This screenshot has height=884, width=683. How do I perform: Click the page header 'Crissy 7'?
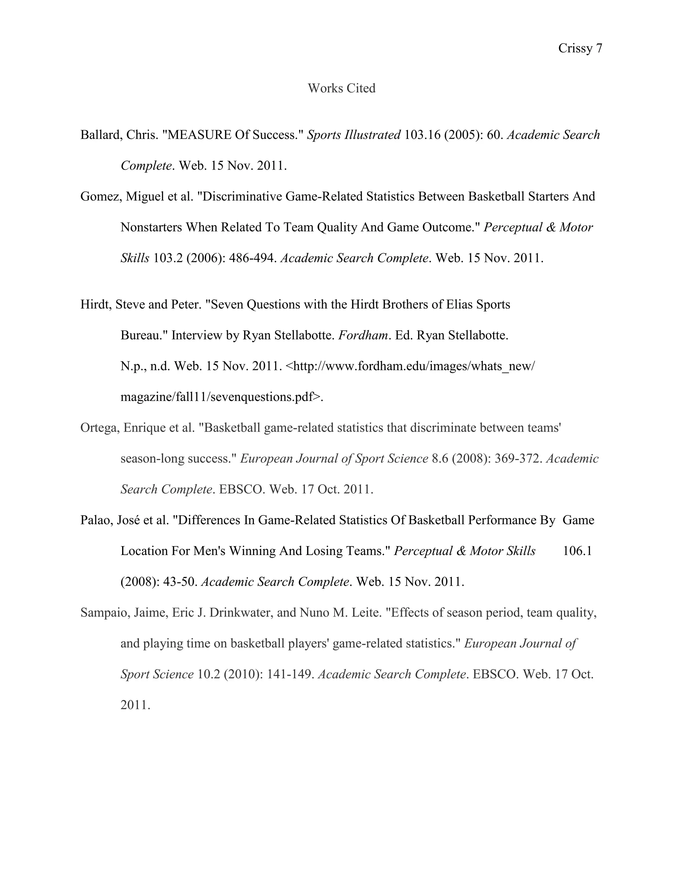click(x=580, y=49)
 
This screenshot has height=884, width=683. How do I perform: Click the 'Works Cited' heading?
click(x=341, y=88)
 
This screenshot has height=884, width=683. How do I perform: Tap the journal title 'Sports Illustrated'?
click(x=354, y=135)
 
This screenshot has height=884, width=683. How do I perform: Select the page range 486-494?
click(x=252, y=258)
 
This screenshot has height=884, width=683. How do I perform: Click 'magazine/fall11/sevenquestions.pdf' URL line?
click(x=221, y=397)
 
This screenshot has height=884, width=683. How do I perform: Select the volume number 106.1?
click(x=577, y=551)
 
